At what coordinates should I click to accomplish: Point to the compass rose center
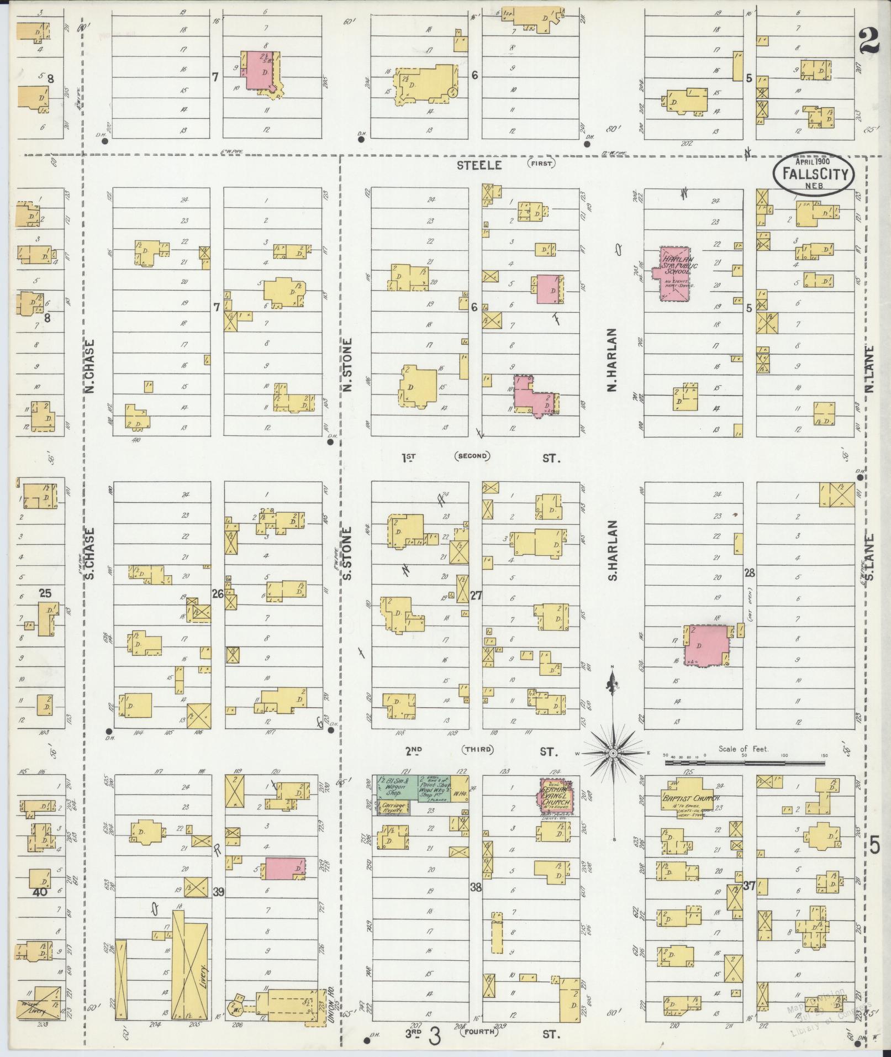(x=613, y=753)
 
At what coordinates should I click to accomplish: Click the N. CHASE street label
(x=90, y=366)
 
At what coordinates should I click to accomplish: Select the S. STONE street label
(x=347, y=554)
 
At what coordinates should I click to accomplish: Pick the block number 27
(x=476, y=595)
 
